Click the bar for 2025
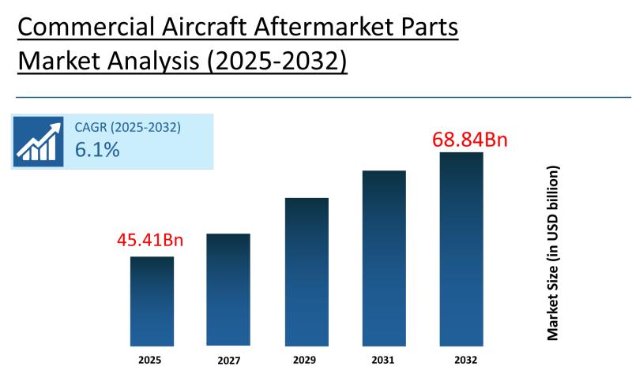[152, 301]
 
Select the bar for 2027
[228, 290]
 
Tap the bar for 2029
[307, 271]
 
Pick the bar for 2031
[384, 258]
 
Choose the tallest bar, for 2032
[461, 249]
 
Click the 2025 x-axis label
[150, 359]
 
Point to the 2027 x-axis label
[228, 360]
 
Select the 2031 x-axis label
[383, 359]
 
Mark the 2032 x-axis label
[461, 359]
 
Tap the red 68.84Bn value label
[469, 140]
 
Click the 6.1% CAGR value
[97, 150]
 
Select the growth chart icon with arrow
[37, 141]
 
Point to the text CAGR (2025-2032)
[127, 127]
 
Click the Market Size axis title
[553, 252]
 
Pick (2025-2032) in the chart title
[276, 62]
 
